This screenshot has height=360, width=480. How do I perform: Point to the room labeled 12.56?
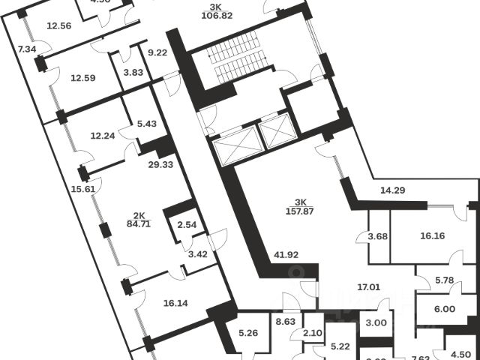59,26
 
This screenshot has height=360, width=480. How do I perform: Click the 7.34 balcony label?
27,49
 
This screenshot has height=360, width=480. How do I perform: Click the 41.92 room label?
286,255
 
